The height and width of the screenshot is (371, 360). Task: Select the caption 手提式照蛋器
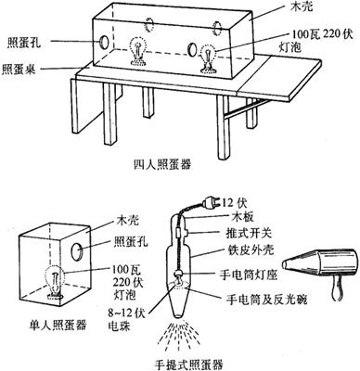coord(188,365)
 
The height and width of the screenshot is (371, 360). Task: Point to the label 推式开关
coord(249,233)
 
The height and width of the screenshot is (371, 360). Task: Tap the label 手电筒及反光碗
coord(266,299)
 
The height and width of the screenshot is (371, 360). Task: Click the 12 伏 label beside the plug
coord(234,203)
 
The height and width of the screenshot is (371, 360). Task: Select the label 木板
coord(242,217)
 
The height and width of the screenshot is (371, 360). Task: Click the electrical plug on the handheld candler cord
coord(210,203)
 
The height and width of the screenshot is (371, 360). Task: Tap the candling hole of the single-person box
coord(77,251)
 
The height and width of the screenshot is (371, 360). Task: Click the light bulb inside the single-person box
coord(56,282)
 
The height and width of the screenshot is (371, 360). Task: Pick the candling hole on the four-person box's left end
coord(104,42)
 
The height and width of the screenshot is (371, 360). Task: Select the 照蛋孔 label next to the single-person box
coord(131,241)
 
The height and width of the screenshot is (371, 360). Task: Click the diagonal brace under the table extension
coord(244,109)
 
